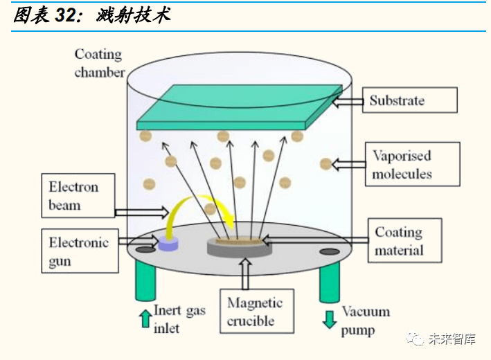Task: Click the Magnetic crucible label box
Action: [254, 312]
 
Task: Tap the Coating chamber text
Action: [98, 62]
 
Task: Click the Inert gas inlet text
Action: [179, 319]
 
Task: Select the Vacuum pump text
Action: [365, 321]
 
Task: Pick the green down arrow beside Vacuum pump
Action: [330, 318]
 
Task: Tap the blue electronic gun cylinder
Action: [168, 242]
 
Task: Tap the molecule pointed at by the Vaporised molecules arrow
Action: [325, 164]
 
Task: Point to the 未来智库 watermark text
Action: [452, 339]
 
